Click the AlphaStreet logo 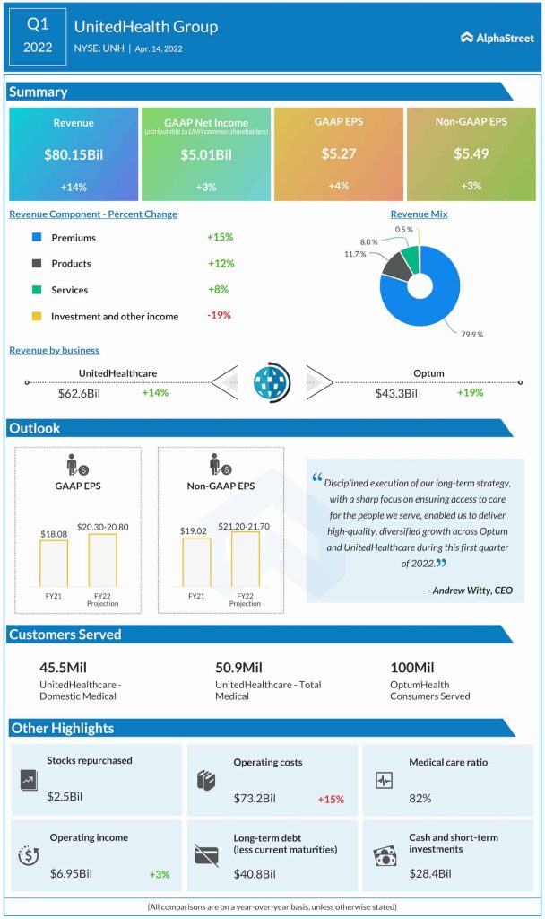pos(497,38)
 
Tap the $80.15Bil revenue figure pos(74,154)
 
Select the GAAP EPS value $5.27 pos(339,154)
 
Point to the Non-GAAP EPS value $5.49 pos(471,154)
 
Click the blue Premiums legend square pos(36,238)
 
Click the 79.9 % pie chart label pos(471,334)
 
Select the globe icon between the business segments pos(272,381)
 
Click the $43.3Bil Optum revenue pos(399,393)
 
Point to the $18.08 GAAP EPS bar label pos(54,534)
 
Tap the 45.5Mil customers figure pos(64,668)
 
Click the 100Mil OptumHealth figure pos(412,668)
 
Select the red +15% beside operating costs pos(331,799)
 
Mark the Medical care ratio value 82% pos(420,798)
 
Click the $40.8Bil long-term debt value pos(255,873)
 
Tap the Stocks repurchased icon pos(28,780)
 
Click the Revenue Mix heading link pos(419,214)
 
